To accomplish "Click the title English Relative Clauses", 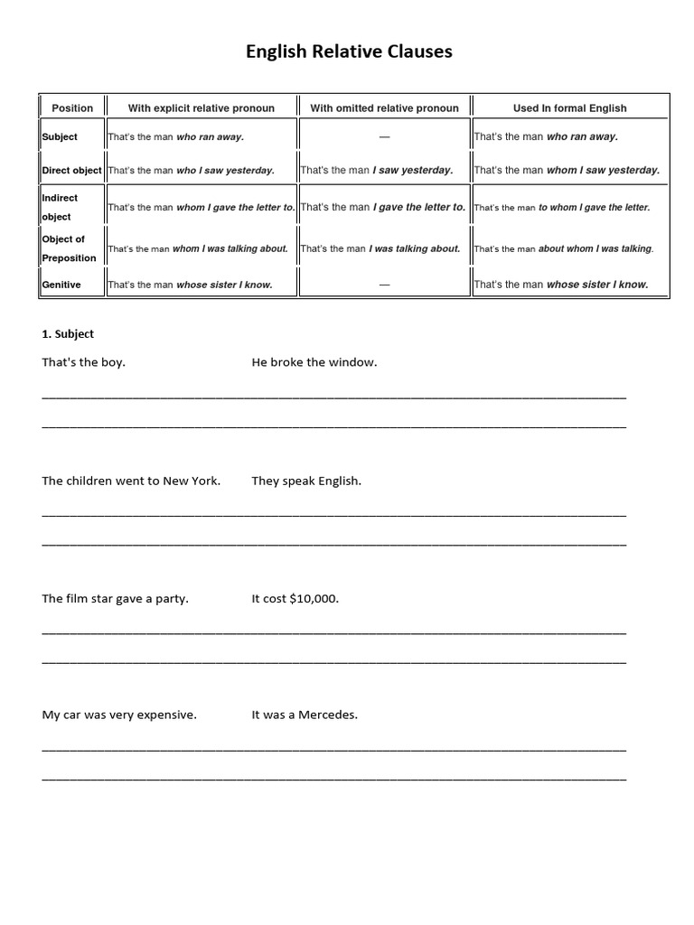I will click(x=349, y=51).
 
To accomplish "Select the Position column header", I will click(x=72, y=107).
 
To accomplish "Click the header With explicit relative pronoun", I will click(x=201, y=107).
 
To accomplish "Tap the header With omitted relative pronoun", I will click(x=384, y=107).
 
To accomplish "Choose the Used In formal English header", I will click(x=569, y=107).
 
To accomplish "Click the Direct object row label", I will click(x=71, y=170).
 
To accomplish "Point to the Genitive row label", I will click(x=61, y=285).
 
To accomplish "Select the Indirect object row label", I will click(x=60, y=207).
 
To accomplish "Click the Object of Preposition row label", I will click(x=69, y=248).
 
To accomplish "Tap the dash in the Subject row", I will click(x=384, y=136).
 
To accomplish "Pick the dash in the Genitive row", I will click(x=384, y=285).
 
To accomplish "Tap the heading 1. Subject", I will click(x=68, y=333).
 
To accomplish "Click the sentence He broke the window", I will click(x=314, y=362).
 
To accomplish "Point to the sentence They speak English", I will click(x=306, y=481).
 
